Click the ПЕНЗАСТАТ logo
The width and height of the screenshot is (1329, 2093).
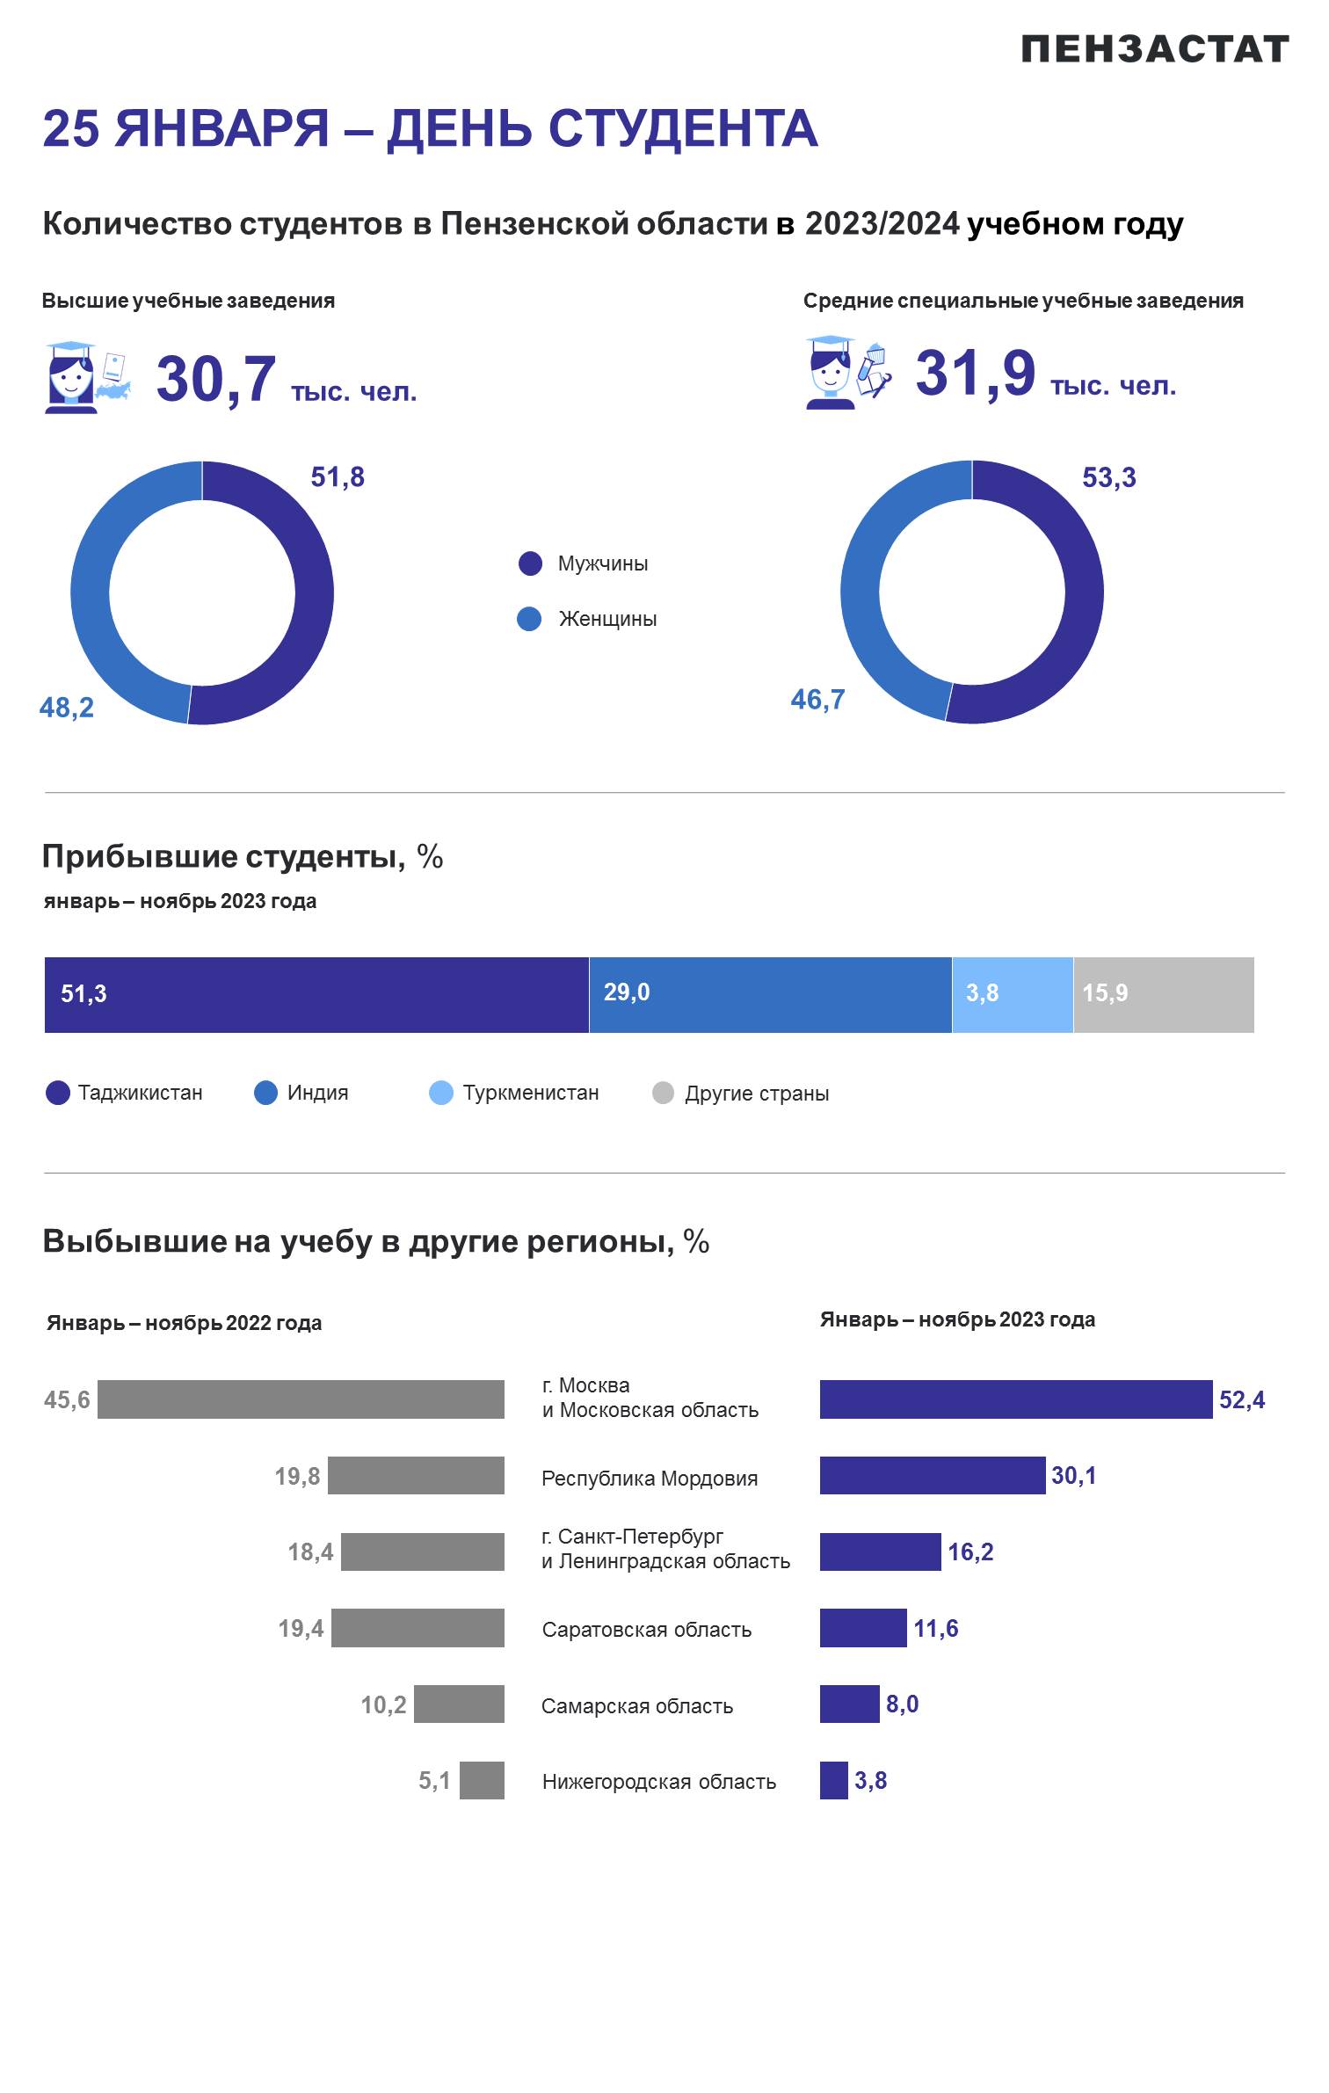(1155, 49)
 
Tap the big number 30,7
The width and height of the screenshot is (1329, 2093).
(216, 381)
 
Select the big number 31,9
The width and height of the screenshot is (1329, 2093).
(976, 374)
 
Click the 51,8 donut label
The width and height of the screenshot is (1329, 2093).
(338, 477)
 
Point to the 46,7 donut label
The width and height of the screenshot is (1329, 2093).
(817, 700)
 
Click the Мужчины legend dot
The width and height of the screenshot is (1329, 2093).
(530, 563)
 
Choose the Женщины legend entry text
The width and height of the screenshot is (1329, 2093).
(607, 619)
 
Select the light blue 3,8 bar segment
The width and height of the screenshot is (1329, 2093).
(1013, 994)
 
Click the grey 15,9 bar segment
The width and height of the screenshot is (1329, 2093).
(1164, 994)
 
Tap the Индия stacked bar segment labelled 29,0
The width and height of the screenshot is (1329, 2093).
(771, 994)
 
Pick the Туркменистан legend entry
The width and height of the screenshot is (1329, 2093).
(514, 1093)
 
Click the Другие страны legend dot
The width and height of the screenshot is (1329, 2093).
(664, 1093)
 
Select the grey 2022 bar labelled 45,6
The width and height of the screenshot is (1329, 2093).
(301, 1399)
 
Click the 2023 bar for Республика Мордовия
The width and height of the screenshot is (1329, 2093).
(933, 1475)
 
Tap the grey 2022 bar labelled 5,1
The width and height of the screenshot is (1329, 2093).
(482, 1780)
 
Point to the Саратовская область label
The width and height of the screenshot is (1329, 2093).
(647, 1629)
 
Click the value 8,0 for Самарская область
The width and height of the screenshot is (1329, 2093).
(902, 1704)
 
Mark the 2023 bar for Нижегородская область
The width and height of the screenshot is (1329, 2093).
(834, 1780)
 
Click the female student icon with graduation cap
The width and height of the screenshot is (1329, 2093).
(71, 377)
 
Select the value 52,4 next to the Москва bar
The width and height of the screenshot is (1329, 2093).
(1242, 1399)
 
